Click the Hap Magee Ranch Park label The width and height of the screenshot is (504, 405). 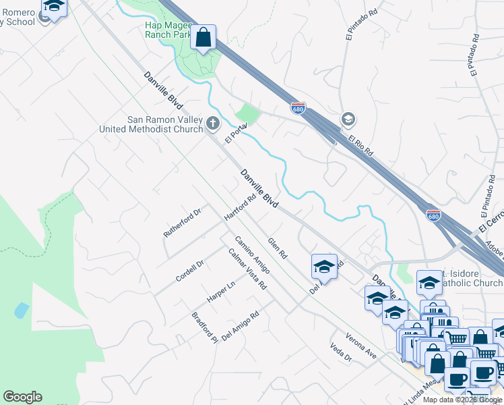coord(168,30)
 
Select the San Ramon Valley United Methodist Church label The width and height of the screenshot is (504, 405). coord(151,125)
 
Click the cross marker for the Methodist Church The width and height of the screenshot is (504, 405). coord(213,123)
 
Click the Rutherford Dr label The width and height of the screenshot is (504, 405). coord(183,223)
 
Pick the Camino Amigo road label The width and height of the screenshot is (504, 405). coord(253,254)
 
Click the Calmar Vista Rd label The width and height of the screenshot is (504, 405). coord(247,269)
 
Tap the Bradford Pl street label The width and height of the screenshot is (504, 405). coord(205,327)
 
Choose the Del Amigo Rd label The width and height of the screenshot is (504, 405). coord(240,325)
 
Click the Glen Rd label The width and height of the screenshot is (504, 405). coord(278,248)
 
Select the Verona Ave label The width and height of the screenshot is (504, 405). coord(361,344)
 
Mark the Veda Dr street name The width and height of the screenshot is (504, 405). coord(342,353)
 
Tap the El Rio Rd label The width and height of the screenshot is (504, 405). coord(361,145)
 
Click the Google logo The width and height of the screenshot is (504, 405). coord(22,397)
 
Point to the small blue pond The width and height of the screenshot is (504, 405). coord(22,310)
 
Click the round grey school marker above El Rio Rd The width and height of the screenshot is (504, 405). coord(348,119)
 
